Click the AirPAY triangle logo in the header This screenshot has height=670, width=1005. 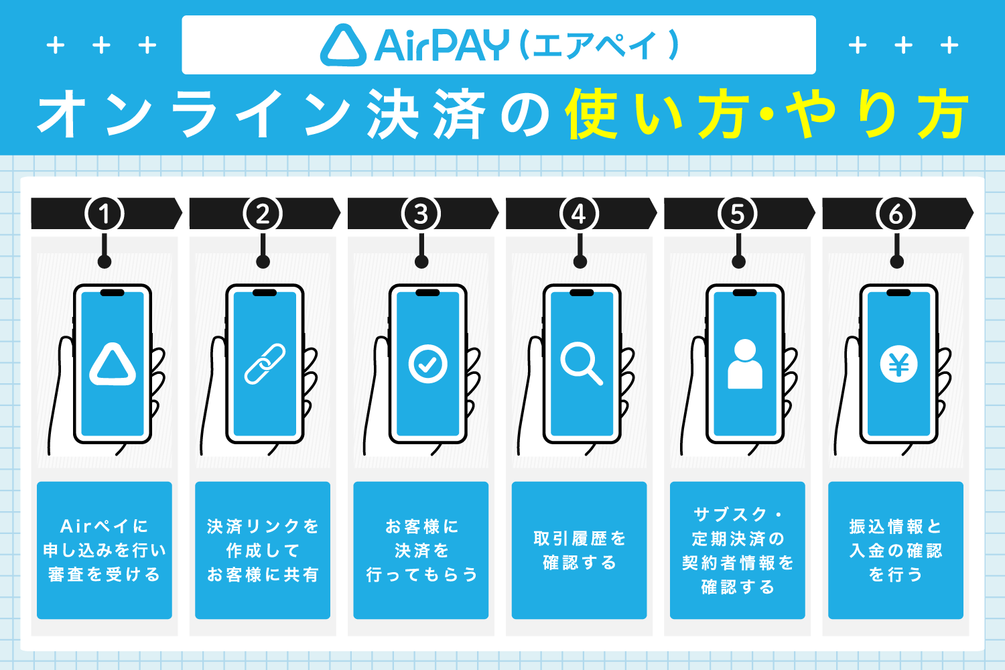(x=343, y=46)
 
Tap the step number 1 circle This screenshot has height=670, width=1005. (x=105, y=214)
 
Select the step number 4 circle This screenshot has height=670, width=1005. (x=579, y=214)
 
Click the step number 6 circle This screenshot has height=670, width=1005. (x=896, y=214)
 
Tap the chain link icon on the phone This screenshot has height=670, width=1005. (x=265, y=364)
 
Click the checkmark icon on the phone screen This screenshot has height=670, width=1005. (x=427, y=364)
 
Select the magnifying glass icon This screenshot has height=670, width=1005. (x=581, y=364)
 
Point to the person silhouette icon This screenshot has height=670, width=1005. (x=744, y=364)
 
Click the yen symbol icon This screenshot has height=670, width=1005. (x=898, y=365)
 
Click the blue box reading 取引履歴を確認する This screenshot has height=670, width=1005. (x=579, y=550)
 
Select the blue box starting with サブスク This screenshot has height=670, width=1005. (x=737, y=550)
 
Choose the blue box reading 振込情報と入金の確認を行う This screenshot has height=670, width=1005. (x=896, y=550)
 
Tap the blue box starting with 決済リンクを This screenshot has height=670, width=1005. (x=263, y=550)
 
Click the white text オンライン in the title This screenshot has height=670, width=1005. (x=194, y=115)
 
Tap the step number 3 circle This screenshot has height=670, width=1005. (x=421, y=214)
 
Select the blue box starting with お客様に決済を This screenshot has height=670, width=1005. (x=421, y=550)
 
